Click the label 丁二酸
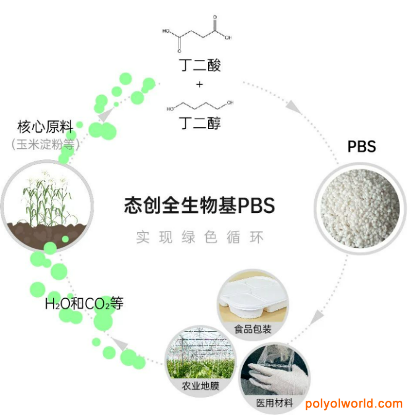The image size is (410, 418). (x=200, y=65)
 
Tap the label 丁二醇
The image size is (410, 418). (x=200, y=123)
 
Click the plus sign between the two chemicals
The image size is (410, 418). (x=199, y=85)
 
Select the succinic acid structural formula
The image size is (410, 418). (x=197, y=34)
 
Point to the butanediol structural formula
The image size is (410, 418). (x=200, y=106)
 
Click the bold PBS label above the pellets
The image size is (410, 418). (x=362, y=146)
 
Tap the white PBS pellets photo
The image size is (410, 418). (x=360, y=208)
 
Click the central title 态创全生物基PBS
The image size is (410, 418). (x=199, y=205)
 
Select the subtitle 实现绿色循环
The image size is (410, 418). (x=199, y=237)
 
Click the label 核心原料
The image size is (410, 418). (x=45, y=127)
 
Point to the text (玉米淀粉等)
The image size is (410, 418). (x=46, y=144)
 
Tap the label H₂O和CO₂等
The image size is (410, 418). (x=84, y=304)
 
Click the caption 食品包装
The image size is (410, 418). (x=253, y=329)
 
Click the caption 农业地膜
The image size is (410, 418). (x=201, y=386)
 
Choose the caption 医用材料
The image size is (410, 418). (x=275, y=403)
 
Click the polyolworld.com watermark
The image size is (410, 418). (x=354, y=404)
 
